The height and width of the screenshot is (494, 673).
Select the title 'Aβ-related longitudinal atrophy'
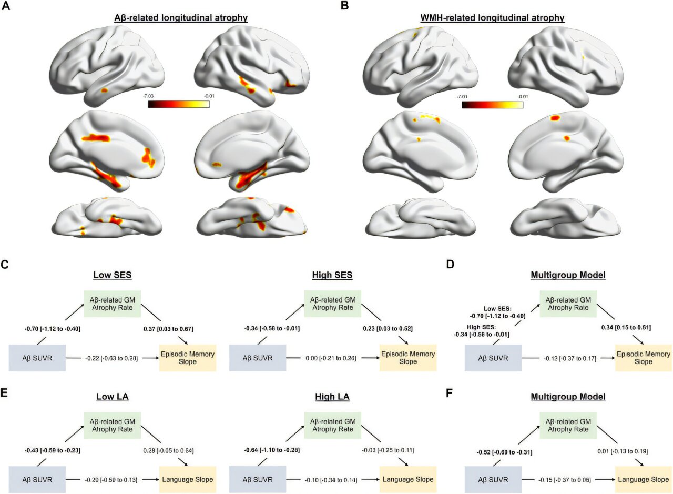click(181, 18)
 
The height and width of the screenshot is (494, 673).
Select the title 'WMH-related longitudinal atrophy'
click(492, 18)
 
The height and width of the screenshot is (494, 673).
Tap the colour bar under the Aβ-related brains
click(179, 104)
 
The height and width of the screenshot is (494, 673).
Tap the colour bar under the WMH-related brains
click(492, 104)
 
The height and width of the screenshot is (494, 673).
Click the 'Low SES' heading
click(113, 275)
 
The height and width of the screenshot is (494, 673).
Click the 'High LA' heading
click(333, 397)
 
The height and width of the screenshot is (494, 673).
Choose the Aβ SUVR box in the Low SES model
click(37, 358)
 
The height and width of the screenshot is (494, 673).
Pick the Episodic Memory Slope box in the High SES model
click(407, 358)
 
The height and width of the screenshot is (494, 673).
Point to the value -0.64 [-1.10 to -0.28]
click(271, 451)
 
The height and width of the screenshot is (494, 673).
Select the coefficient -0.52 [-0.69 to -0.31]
click(496, 451)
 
